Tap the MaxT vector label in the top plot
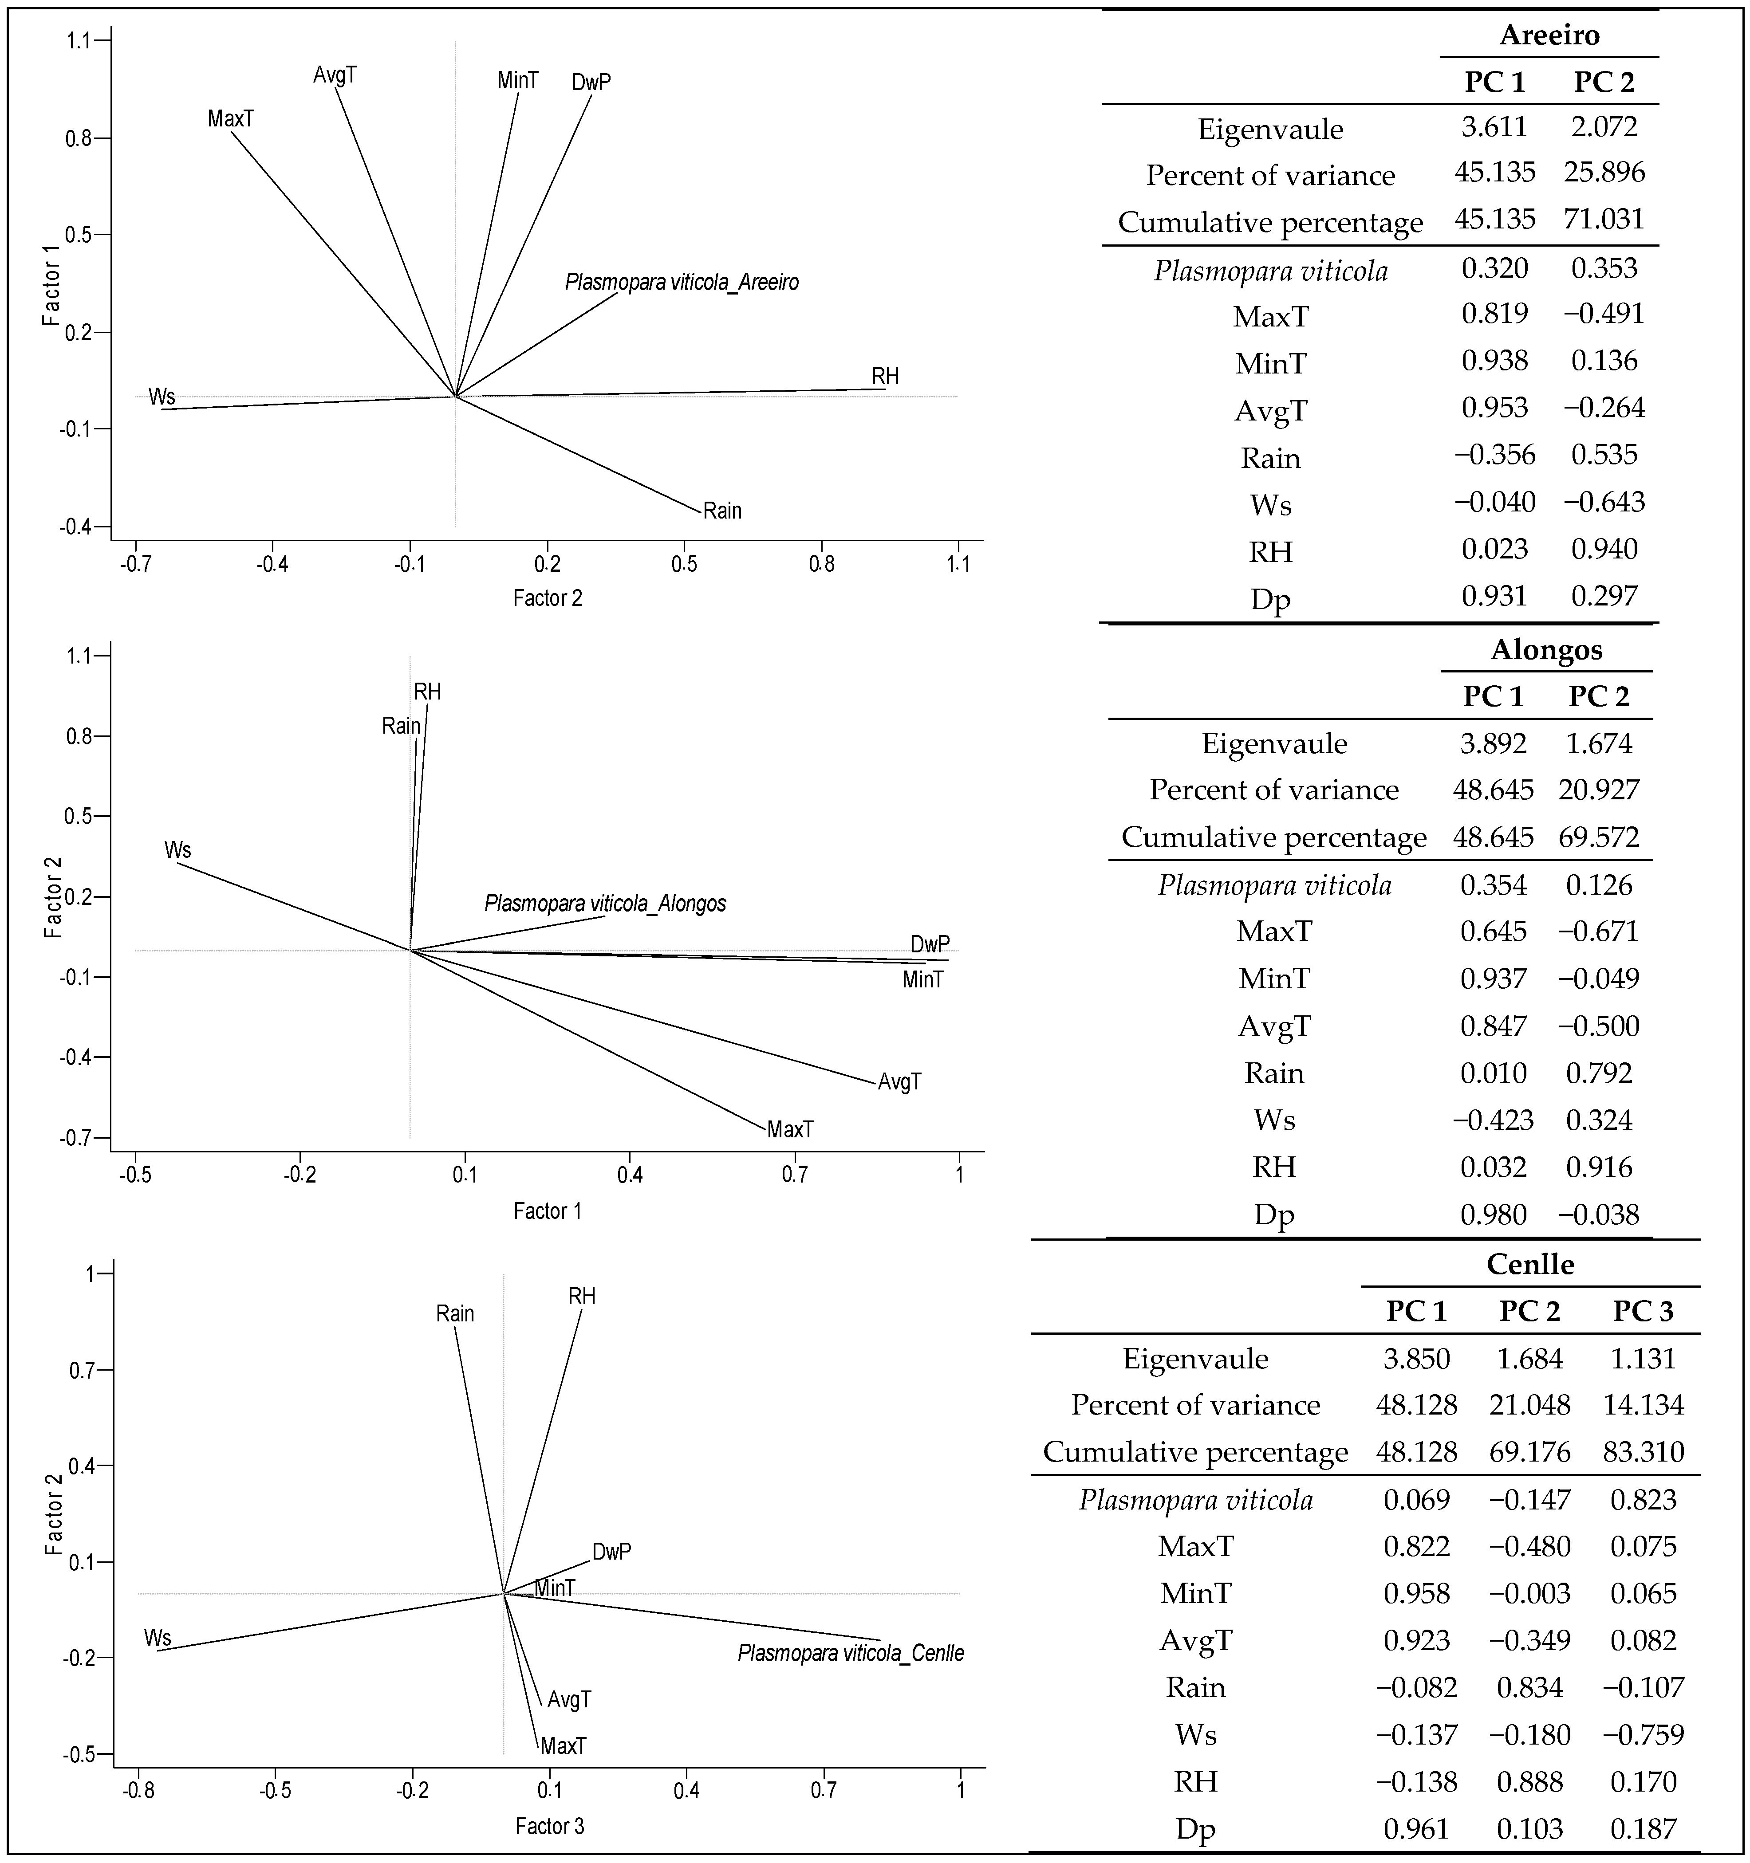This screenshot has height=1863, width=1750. coord(231,119)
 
